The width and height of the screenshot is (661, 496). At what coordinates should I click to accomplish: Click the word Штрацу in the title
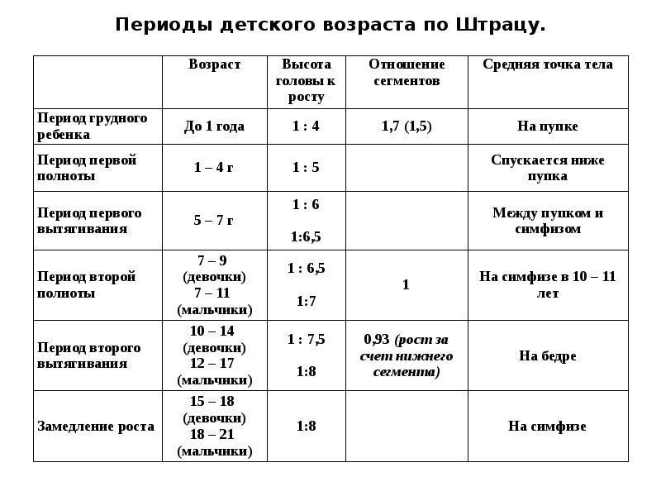point(500,25)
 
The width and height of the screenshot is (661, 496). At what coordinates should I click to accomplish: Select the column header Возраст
point(215,64)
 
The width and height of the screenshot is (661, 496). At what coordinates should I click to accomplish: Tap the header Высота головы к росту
point(306,80)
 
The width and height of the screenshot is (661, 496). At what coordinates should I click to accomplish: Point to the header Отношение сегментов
point(406,73)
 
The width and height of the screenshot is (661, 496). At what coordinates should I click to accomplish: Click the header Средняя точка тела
point(548,64)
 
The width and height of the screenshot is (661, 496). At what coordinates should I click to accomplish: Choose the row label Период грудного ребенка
point(92,126)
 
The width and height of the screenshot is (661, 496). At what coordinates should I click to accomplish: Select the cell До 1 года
point(214,126)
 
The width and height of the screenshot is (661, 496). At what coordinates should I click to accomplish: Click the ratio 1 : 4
point(306,126)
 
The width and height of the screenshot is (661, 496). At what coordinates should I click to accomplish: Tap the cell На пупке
point(548,126)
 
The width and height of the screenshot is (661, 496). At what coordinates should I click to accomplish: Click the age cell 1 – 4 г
point(214,168)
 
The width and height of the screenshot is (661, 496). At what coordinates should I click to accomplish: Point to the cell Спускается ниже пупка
point(548,168)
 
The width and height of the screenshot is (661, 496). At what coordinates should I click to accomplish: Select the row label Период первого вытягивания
point(89,221)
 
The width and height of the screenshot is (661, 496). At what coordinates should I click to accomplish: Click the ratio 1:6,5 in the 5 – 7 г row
point(306,237)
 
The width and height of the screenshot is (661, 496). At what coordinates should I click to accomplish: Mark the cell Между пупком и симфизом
point(548,221)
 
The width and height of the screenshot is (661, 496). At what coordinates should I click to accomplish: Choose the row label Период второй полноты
point(86,284)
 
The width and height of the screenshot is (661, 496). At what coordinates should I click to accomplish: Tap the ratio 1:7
point(306,301)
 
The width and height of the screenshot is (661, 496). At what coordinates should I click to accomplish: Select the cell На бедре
point(548,356)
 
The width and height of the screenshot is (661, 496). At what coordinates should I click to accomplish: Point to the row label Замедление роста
point(96,427)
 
